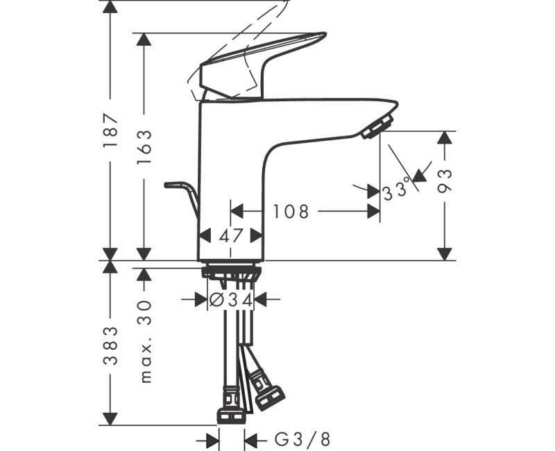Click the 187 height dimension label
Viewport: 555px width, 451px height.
110,131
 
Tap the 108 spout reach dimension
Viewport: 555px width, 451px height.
290,211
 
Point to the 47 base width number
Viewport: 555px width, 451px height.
231,235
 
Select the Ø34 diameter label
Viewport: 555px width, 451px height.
231,300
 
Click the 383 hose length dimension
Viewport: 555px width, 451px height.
110,346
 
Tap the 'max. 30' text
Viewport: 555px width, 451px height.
144,340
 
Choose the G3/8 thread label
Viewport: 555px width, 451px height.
303,439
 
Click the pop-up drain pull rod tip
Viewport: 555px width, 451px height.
169,185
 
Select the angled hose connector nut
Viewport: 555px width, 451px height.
267,395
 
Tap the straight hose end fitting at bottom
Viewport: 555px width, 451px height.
230,415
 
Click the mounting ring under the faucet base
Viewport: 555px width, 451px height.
231,271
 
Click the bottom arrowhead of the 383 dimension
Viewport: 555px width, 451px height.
110,418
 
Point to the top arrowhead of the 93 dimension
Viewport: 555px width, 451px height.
445,137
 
